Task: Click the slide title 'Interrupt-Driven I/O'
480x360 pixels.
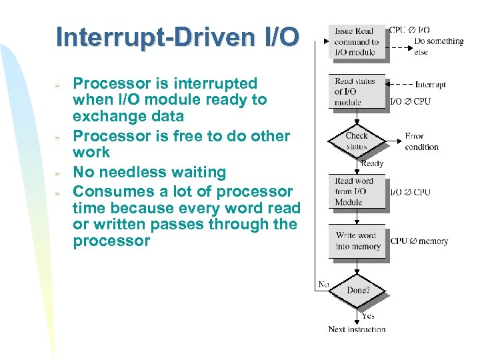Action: click(x=178, y=37)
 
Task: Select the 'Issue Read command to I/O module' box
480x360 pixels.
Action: click(x=357, y=41)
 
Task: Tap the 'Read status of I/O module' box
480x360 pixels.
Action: click(x=357, y=92)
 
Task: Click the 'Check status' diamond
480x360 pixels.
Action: click(x=357, y=141)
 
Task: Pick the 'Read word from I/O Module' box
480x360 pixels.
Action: click(x=357, y=191)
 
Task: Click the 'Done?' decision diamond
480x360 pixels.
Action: click(x=358, y=290)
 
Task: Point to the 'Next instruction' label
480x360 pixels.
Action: click(x=357, y=329)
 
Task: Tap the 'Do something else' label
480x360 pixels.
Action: click(x=439, y=46)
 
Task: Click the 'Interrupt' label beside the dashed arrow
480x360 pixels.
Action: click(x=430, y=85)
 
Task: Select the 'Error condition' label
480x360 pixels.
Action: click(x=421, y=141)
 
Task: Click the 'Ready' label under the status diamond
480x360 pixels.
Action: click(x=372, y=164)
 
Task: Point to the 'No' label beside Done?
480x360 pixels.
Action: click(x=323, y=285)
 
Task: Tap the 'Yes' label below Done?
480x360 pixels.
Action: click(x=367, y=316)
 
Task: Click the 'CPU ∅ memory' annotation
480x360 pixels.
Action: click(x=419, y=241)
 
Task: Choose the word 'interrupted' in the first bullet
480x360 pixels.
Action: click(x=215, y=84)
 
